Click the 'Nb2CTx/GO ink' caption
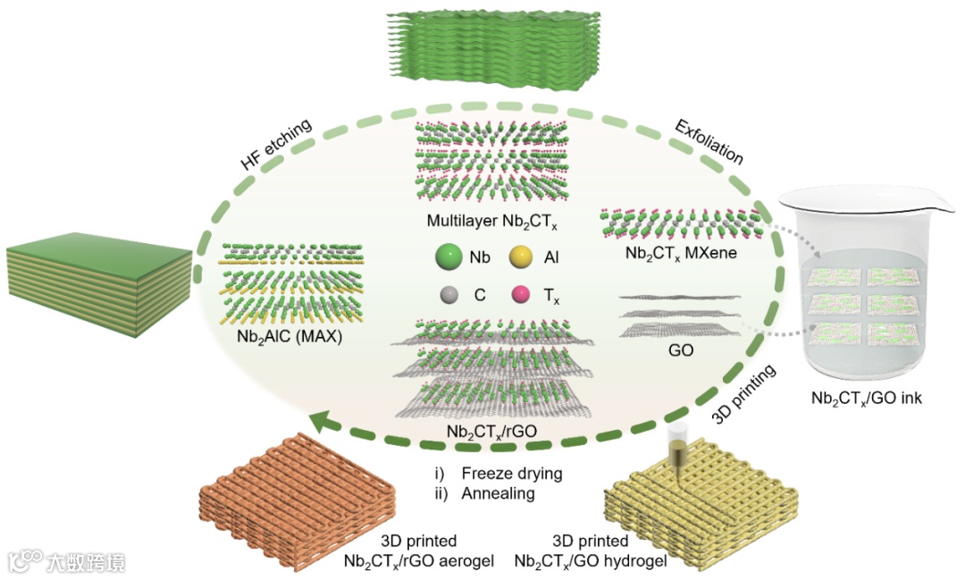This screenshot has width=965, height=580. click(x=866, y=398)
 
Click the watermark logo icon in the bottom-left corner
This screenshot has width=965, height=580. click(x=24, y=560)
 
